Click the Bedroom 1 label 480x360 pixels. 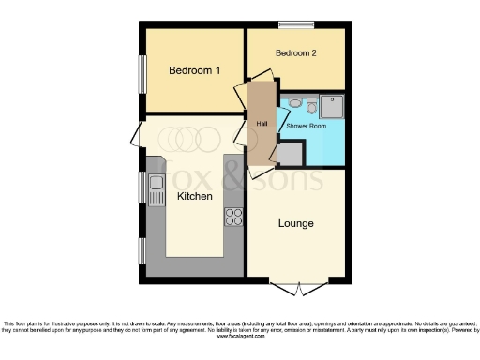click(194, 71)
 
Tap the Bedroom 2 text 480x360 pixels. click(295, 53)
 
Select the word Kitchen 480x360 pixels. click(194, 196)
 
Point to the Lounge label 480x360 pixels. click(295, 223)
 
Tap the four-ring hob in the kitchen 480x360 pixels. click(232, 217)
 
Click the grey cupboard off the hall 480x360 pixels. click(290, 153)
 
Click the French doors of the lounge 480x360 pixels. click(296, 285)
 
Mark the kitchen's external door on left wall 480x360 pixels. click(142, 135)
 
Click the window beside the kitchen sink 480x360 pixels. click(142, 187)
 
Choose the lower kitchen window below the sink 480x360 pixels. click(142, 249)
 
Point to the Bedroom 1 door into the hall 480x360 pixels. click(241, 97)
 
